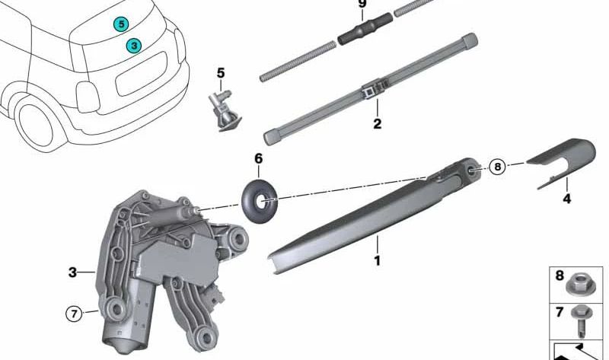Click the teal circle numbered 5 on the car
click(121, 24)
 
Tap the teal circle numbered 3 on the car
click(134, 46)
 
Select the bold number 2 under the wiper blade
click(377, 124)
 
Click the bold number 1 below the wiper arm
click(377, 260)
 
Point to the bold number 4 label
click(567, 199)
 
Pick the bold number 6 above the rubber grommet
click(258, 159)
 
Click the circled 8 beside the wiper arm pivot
click(498, 167)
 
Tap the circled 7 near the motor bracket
click(74, 313)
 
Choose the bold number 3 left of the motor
click(72, 272)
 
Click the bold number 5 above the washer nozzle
click(221, 73)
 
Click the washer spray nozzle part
click(224, 110)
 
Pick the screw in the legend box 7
click(582, 320)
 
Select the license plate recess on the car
click(141, 74)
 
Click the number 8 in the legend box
click(560, 276)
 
